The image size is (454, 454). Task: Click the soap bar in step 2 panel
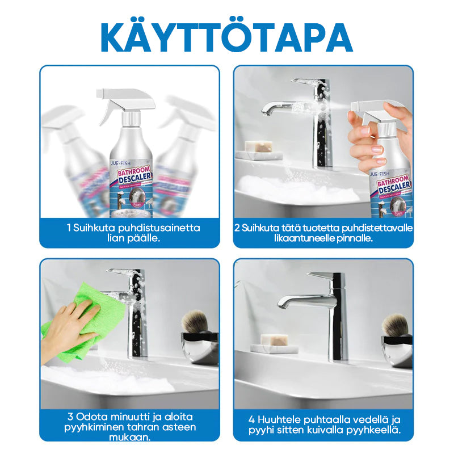tap(255, 148)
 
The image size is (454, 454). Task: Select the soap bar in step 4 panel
tap(275, 341)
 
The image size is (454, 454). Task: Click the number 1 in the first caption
tap(68, 228)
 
